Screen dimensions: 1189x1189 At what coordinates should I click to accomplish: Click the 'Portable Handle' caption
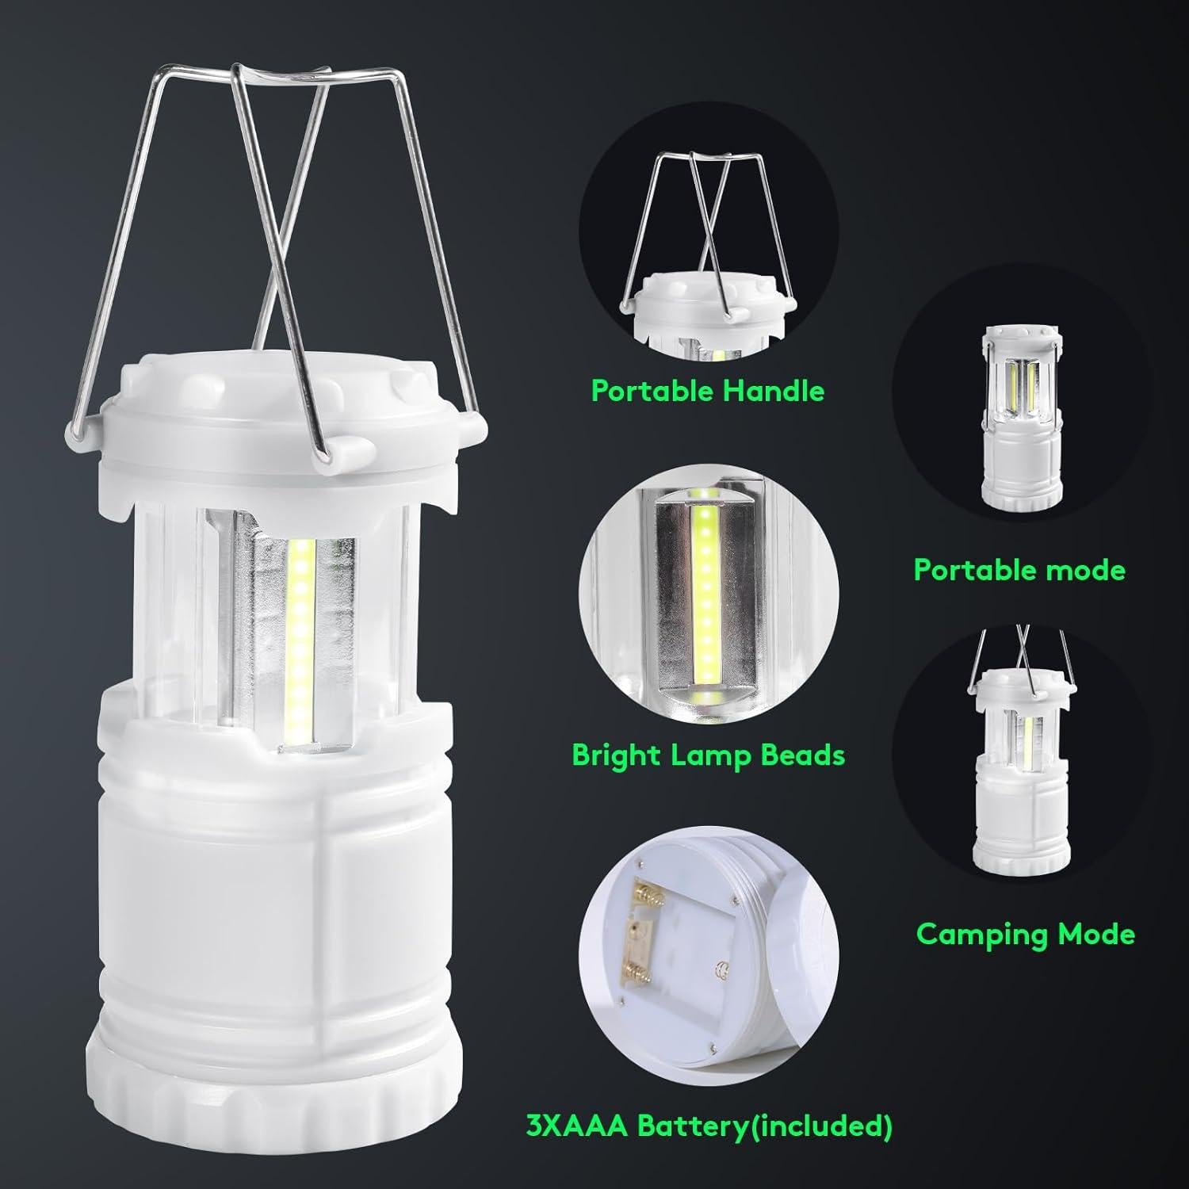pos(708,391)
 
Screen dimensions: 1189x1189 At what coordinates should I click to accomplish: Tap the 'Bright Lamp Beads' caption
pos(708,755)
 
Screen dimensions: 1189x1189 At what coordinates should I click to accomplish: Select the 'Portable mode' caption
pos(1019,570)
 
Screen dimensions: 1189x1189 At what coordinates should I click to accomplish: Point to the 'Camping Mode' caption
pos(1026,934)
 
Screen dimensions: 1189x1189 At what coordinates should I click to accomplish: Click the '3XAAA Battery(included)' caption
pos(707,1125)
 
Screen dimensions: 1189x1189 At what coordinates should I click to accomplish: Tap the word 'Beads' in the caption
pos(802,755)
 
